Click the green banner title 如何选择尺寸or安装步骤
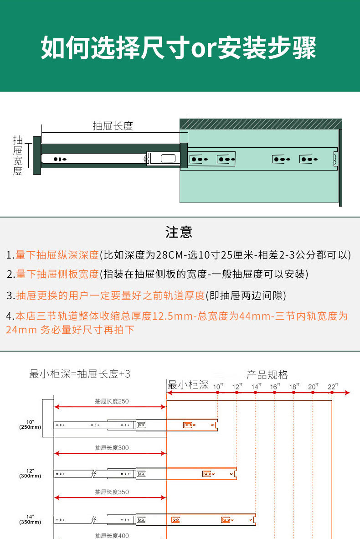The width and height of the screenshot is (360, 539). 179,48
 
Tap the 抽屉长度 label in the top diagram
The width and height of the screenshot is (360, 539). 113,126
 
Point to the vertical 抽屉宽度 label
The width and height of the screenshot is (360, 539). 18,155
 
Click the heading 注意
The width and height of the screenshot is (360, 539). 179,232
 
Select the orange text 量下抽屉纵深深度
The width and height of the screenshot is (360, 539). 57,255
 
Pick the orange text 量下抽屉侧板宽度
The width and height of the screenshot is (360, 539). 57,274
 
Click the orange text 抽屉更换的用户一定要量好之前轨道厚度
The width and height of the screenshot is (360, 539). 110,295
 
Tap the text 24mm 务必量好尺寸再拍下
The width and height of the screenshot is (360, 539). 70,330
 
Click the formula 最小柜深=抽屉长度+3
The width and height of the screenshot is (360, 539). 80,374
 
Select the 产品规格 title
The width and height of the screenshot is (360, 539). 267,375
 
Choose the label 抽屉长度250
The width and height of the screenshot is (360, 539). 112,401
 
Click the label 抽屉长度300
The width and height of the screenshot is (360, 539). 112,448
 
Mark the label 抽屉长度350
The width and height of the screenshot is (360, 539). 112,492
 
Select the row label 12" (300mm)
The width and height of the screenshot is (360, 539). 30,473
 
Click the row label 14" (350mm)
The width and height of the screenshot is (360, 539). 30,519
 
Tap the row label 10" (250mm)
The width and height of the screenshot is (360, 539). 30,424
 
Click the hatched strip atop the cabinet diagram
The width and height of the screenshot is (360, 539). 261,124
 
